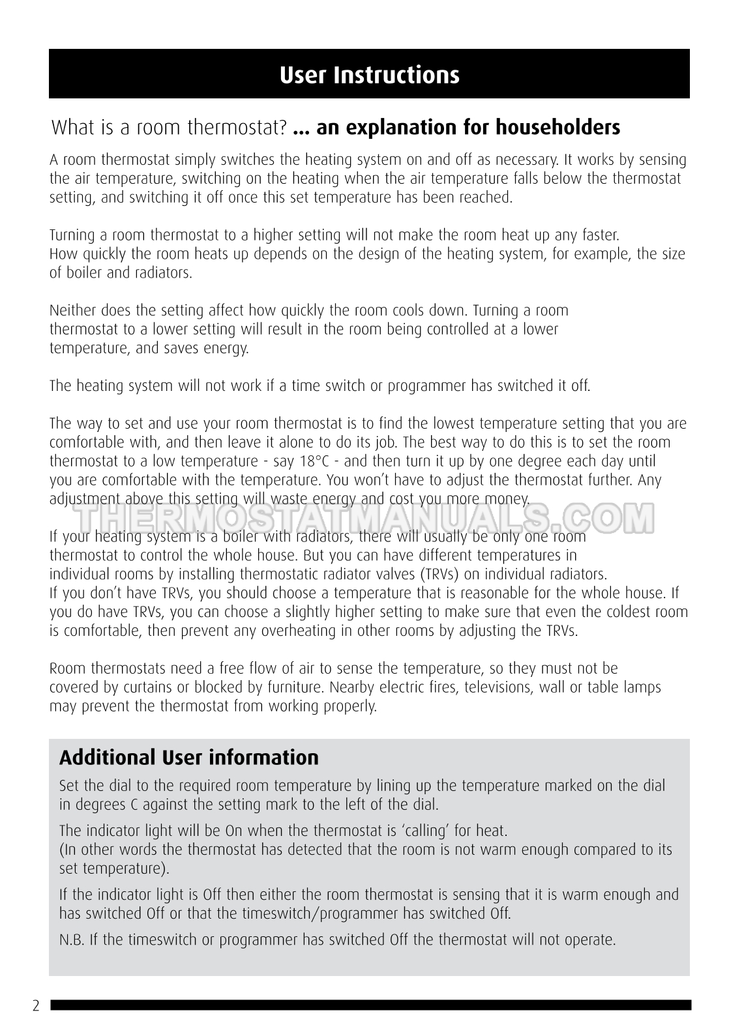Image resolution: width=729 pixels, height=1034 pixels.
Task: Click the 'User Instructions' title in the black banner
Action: (x=369, y=76)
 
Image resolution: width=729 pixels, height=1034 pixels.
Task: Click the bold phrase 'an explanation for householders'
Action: (x=468, y=127)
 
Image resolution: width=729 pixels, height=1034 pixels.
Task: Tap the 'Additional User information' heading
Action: (x=189, y=758)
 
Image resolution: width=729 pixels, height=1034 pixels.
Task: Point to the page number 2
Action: (x=36, y=1006)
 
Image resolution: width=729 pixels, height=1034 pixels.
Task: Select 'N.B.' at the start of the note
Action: (x=70, y=940)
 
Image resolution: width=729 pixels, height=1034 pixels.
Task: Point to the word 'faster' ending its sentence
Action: (x=599, y=235)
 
